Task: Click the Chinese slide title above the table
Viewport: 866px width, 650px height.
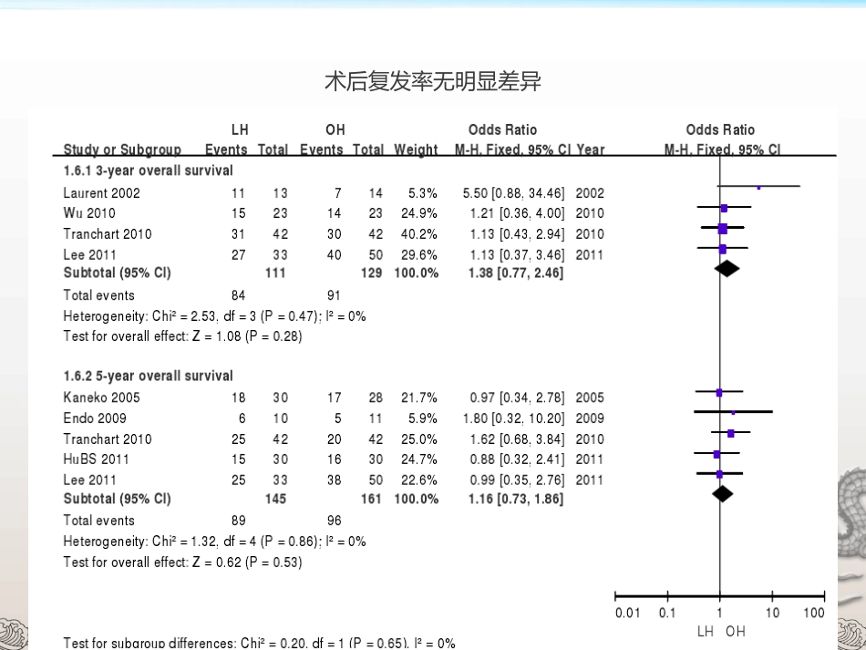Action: pyautogui.click(x=433, y=82)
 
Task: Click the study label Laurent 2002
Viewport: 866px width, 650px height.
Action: pyautogui.click(x=101, y=192)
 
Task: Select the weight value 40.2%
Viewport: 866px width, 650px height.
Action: pyautogui.click(x=419, y=234)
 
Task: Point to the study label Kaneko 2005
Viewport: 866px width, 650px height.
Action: pyautogui.click(x=101, y=397)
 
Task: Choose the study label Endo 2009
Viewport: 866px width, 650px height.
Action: pyautogui.click(x=95, y=418)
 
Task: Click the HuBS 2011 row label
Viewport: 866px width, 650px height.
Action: pyautogui.click(x=96, y=459)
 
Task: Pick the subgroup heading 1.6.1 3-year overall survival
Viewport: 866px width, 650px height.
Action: pyautogui.click(x=148, y=170)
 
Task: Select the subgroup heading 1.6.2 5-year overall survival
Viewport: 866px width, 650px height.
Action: pyautogui.click(x=148, y=377)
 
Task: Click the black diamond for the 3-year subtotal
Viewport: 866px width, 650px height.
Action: pyautogui.click(x=727, y=269)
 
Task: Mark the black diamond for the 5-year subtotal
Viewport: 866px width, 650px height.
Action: pyautogui.click(x=722, y=494)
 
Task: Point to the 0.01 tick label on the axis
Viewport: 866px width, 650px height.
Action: pyautogui.click(x=627, y=613)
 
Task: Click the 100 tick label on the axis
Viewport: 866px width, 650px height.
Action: pyautogui.click(x=813, y=613)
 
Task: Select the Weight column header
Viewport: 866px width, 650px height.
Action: pyautogui.click(x=416, y=150)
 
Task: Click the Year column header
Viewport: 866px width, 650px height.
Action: pyautogui.click(x=591, y=150)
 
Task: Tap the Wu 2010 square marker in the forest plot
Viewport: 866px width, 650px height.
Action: pyautogui.click(x=724, y=208)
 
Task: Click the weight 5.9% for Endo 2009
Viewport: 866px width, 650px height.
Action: pyautogui.click(x=422, y=418)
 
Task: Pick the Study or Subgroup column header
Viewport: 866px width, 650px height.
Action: pyautogui.click(x=122, y=150)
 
